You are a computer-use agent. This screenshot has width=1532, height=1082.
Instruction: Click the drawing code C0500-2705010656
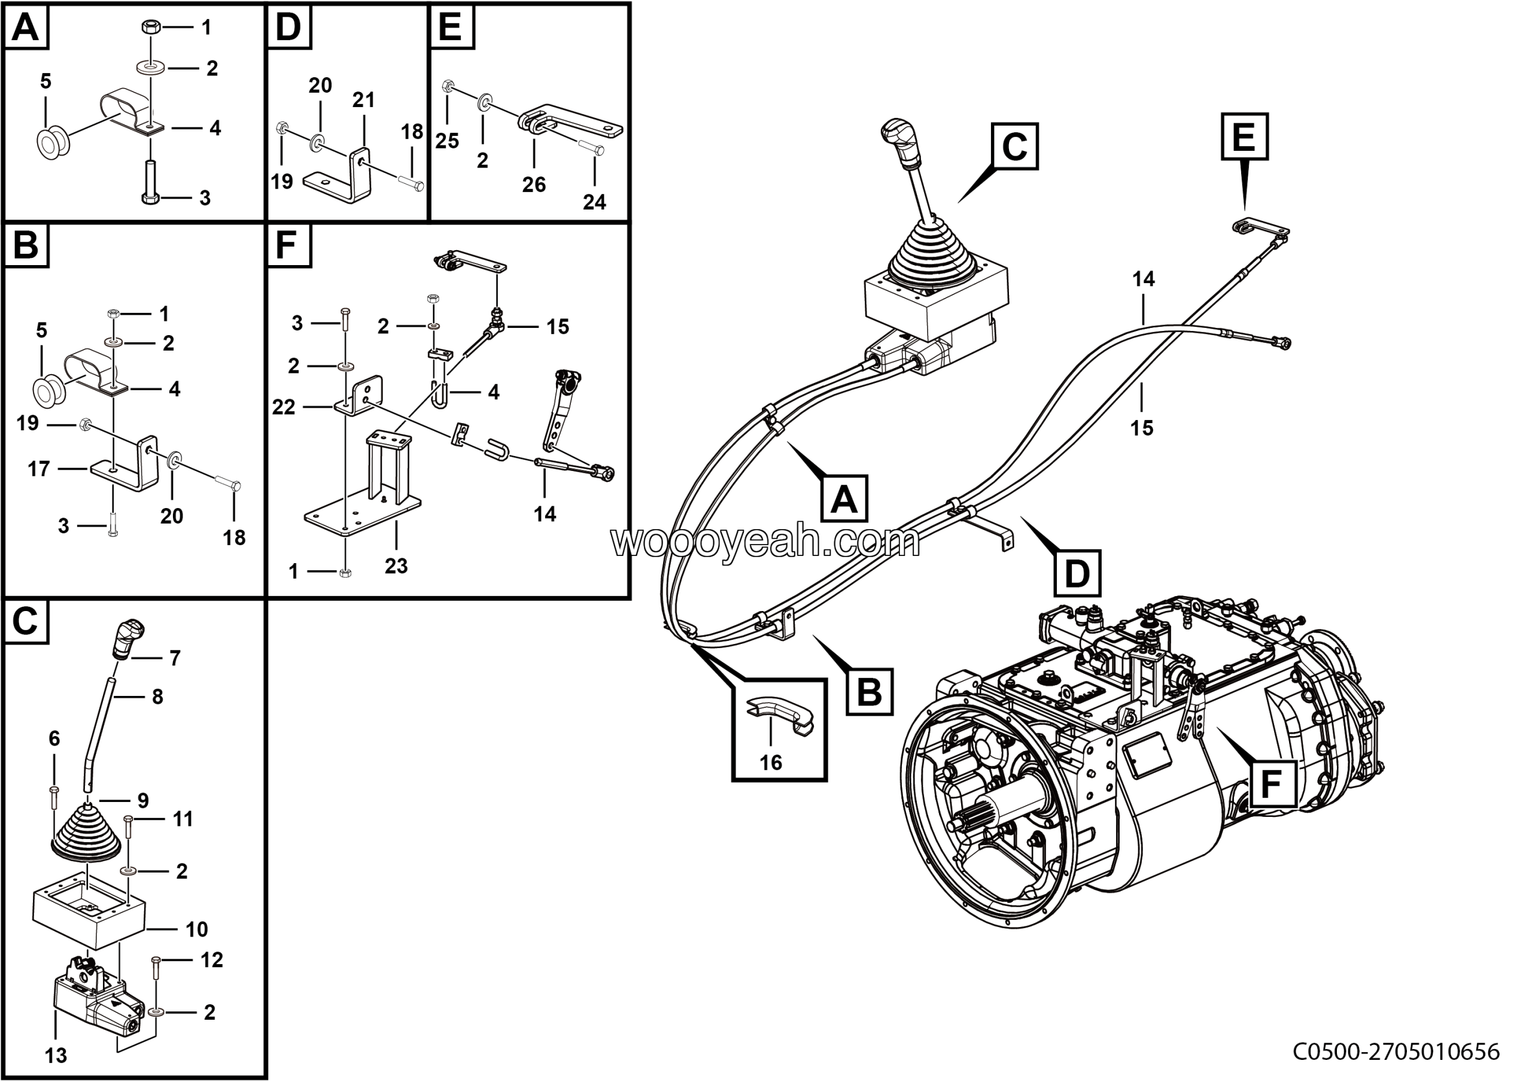(1396, 1052)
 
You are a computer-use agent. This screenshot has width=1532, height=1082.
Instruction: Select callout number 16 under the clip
(771, 762)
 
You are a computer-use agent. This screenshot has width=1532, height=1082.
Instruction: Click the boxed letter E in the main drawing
(1244, 137)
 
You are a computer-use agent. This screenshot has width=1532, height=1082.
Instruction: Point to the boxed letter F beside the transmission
(1271, 785)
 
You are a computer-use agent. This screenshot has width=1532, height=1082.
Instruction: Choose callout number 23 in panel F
(396, 566)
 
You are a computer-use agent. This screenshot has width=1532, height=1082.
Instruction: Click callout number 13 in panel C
(56, 1055)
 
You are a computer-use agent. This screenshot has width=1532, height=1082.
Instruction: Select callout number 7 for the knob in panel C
(175, 658)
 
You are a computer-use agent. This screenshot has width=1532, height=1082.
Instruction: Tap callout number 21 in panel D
(363, 100)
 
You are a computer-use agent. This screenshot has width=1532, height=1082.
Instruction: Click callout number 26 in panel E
(534, 184)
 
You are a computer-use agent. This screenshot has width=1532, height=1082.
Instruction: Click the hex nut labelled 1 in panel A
(150, 28)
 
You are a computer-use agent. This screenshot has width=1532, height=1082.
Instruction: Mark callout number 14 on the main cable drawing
(1143, 279)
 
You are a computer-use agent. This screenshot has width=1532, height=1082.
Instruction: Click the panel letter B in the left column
(26, 245)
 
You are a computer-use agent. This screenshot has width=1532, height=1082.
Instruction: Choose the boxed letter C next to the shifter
(1014, 146)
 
